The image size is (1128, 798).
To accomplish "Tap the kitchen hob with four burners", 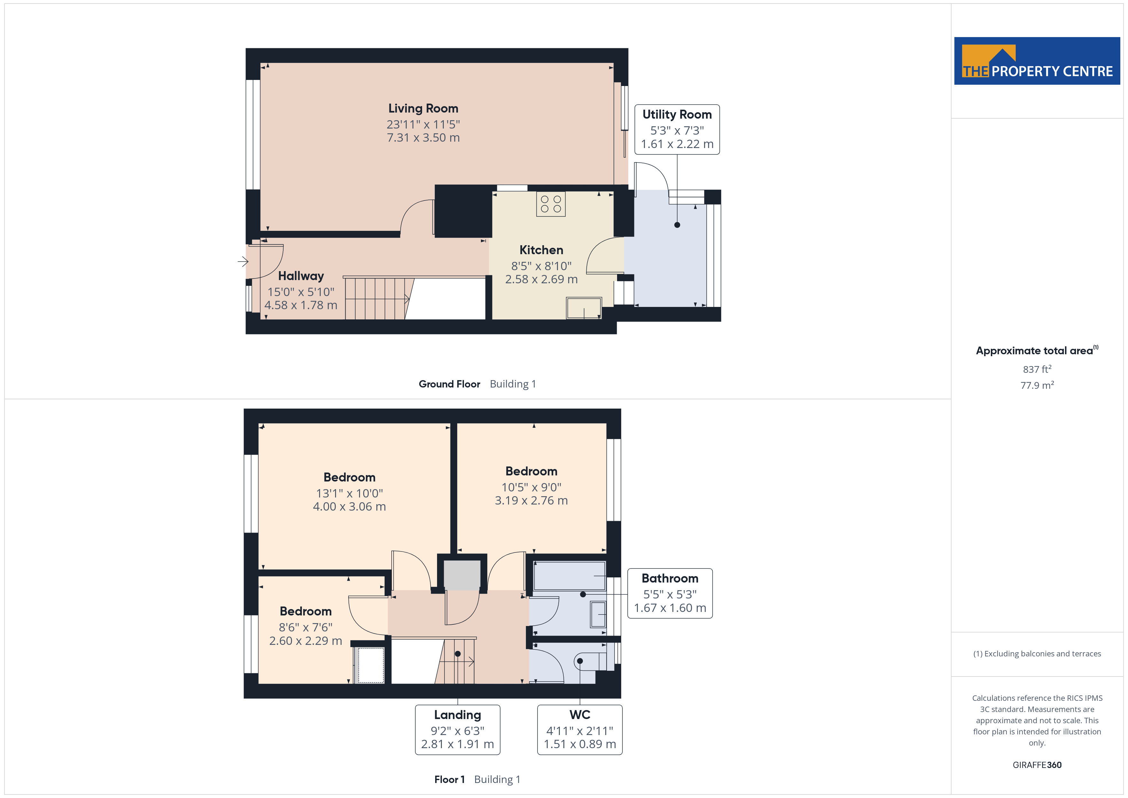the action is (x=551, y=204).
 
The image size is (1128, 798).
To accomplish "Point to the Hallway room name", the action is (x=301, y=276).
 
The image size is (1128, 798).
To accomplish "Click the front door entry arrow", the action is (x=243, y=262).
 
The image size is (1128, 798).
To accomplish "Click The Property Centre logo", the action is (x=1037, y=61).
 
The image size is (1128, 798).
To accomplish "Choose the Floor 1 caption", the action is (x=449, y=779).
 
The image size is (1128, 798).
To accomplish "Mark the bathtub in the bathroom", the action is (x=569, y=576).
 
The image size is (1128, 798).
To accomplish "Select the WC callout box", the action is (x=580, y=730).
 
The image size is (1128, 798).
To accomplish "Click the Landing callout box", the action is (x=458, y=730).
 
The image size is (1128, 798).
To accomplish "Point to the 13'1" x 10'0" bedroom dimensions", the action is (x=349, y=493).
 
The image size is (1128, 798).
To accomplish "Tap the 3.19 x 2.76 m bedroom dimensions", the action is (x=531, y=501).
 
